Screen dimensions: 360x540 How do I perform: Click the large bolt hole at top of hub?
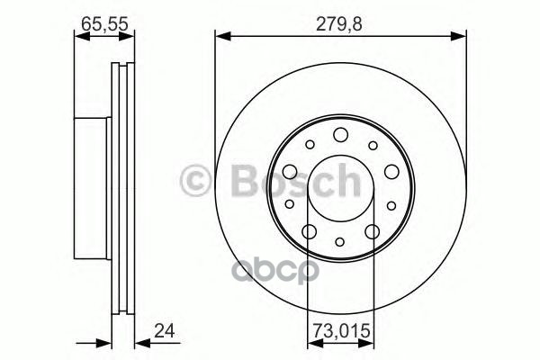point(340,135)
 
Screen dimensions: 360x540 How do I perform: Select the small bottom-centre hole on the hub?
point(340,241)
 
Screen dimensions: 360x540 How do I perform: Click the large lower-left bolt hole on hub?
point(309,232)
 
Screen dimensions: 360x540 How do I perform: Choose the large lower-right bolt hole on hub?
point(373,232)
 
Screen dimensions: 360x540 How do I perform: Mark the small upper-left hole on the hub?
point(309,144)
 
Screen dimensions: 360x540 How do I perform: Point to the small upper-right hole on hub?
point(372,144)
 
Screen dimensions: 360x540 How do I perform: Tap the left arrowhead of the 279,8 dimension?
point(220,35)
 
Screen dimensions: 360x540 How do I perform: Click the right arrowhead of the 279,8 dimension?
point(461,35)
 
